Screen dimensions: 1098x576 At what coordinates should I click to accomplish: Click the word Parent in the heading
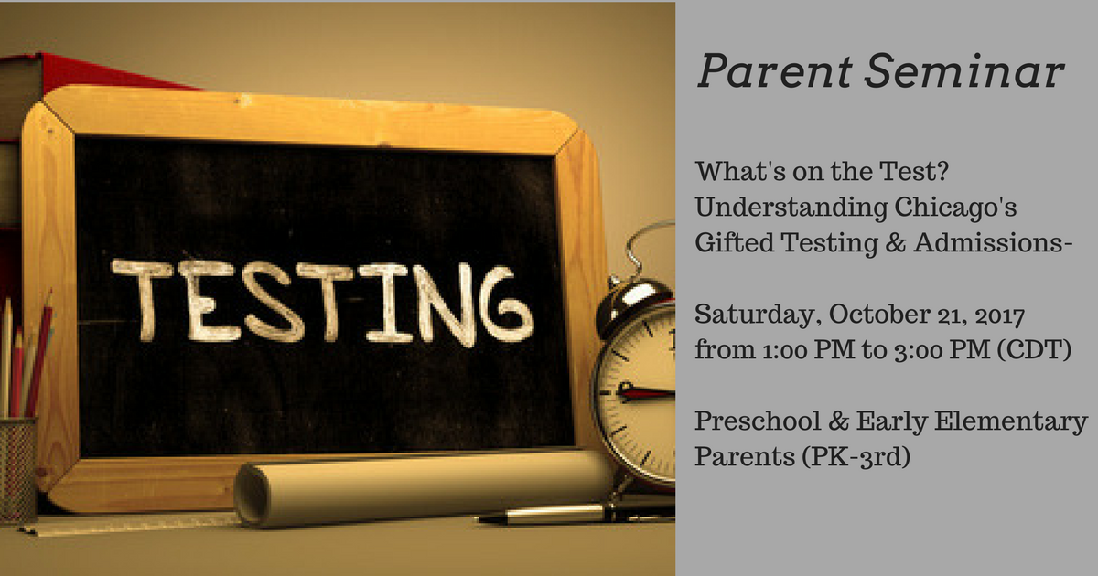tap(774, 72)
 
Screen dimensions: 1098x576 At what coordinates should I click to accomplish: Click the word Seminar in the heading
tap(964, 72)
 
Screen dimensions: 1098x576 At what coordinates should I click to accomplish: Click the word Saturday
tap(758, 315)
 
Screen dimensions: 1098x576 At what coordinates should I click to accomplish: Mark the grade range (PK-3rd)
tap(856, 457)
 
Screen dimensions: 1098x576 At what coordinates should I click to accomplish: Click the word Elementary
tap(1011, 421)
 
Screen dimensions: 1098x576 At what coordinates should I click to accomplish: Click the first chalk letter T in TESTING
tap(142, 300)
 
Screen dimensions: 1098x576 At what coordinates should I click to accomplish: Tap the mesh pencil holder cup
tap(17, 469)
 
